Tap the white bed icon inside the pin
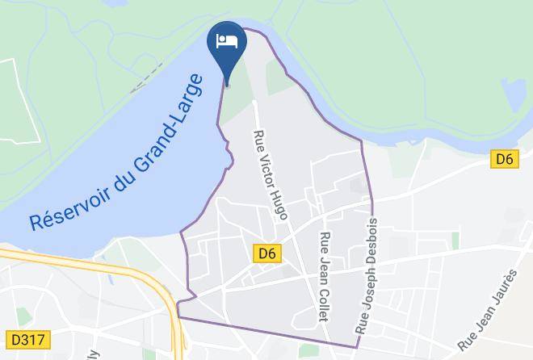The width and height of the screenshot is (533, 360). (x=227, y=41)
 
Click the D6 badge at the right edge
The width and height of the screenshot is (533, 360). (x=504, y=159)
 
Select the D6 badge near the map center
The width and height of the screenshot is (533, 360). (x=268, y=253)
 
